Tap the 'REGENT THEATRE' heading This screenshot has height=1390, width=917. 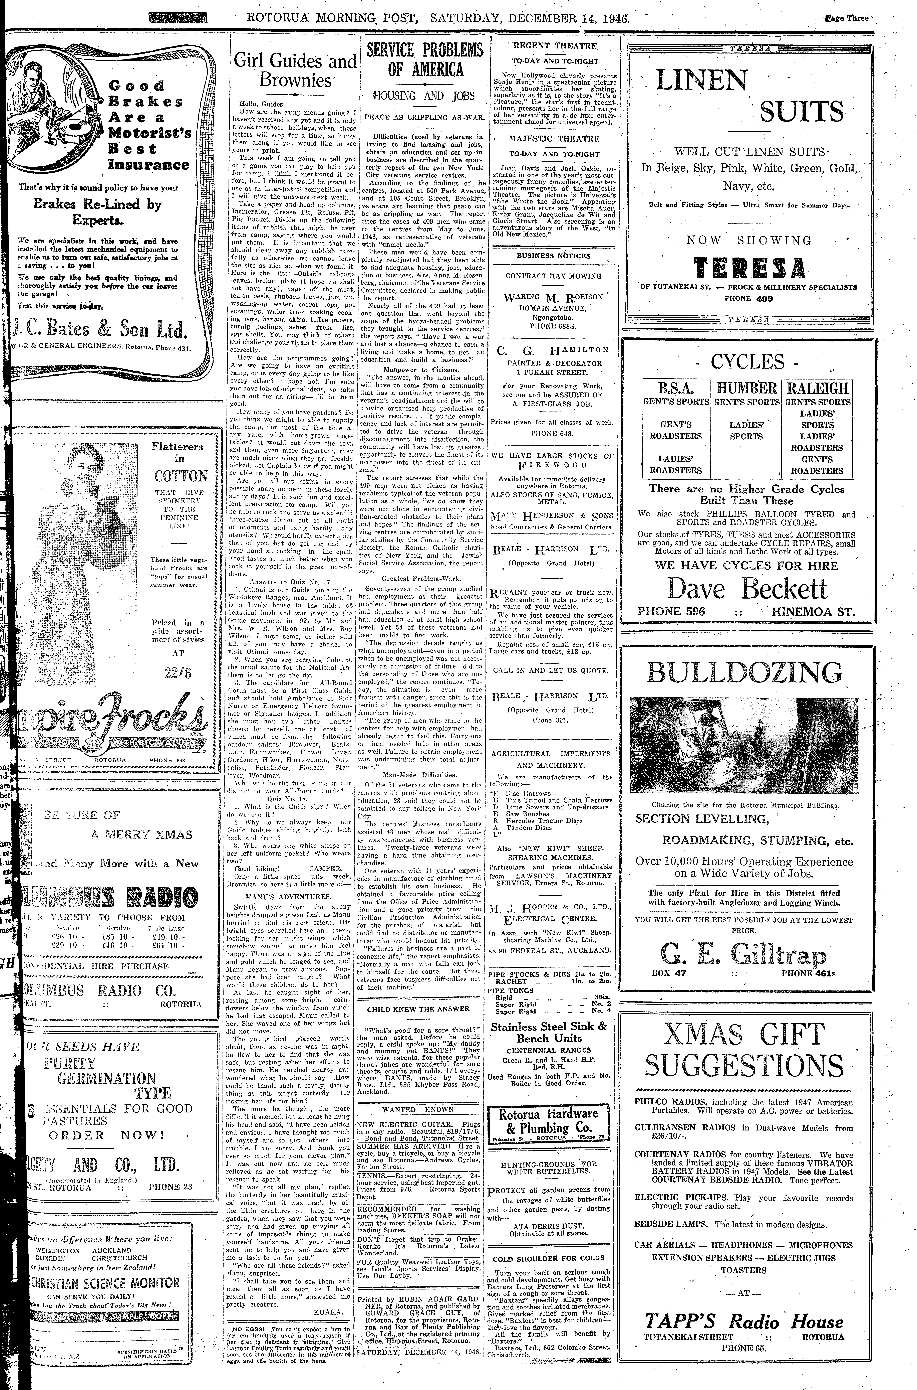(x=547, y=46)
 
